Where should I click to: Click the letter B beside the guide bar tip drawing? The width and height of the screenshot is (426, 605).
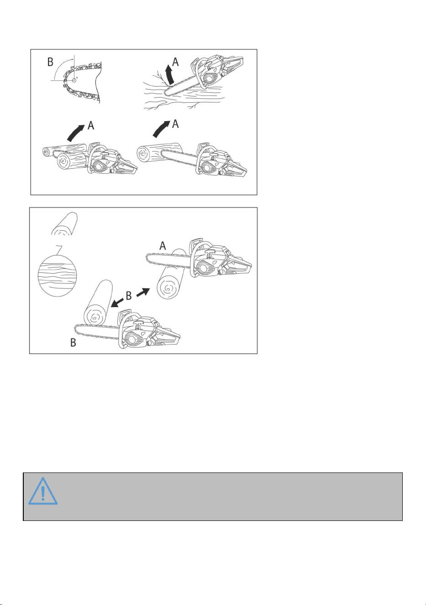(50, 62)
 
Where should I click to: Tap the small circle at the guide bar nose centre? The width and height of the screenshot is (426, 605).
(74, 80)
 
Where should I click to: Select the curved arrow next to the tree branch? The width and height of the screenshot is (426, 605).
(170, 75)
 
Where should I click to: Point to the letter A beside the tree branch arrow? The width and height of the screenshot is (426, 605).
(175, 62)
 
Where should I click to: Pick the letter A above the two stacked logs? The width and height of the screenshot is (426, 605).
(91, 125)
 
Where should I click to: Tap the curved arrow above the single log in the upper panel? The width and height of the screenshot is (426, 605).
(162, 129)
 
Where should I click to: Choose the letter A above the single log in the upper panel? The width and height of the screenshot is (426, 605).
(175, 124)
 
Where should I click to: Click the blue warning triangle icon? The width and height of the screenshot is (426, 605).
(43, 491)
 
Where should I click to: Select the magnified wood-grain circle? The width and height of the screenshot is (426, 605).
(58, 275)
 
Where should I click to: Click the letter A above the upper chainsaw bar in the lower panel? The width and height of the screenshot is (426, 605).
(163, 246)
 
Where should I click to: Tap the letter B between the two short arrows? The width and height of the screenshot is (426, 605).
(129, 296)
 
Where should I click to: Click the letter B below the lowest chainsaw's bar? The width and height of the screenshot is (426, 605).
(73, 342)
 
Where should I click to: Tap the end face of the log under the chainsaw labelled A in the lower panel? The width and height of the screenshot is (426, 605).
(168, 289)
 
